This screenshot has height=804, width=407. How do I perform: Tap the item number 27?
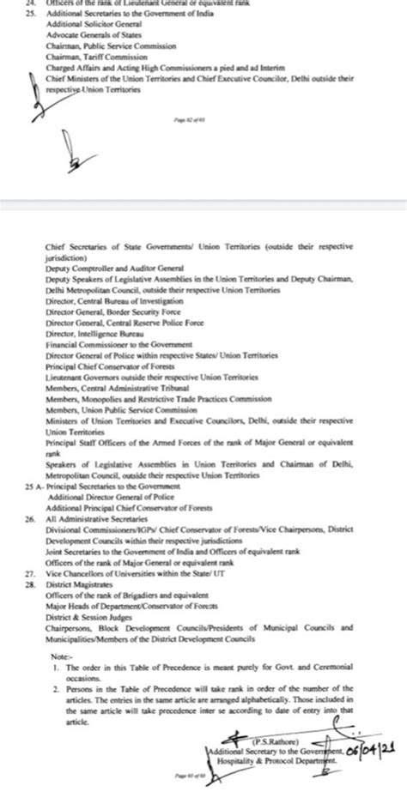(x=32, y=571)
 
